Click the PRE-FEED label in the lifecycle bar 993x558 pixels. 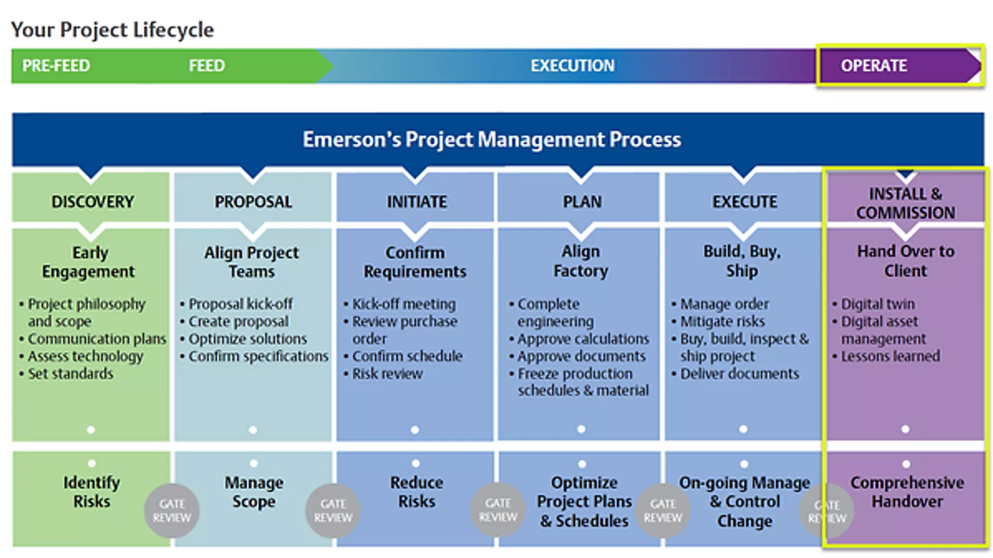click(56, 66)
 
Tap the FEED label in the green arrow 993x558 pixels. click(206, 66)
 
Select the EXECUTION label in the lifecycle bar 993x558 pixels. click(573, 66)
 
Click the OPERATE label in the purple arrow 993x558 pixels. click(874, 66)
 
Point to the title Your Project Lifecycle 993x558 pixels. click(112, 29)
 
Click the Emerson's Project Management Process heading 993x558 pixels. click(491, 139)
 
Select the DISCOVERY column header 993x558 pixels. click(93, 202)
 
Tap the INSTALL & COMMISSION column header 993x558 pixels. click(905, 203)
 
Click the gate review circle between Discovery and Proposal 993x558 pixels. click(172, 510)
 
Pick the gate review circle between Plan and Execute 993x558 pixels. click(663, 510)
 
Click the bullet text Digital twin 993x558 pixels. click(878, 304)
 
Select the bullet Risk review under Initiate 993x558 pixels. click(387, 374)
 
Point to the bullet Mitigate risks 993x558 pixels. click(722, 321)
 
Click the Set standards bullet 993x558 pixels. click(70, 374)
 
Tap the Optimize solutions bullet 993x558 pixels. click(247, 339)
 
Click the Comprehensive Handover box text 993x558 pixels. click(907, 492)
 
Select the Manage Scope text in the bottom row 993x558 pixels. click(253, 492)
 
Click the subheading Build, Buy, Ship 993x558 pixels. click(742, 261)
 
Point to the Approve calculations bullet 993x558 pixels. click(583, 339)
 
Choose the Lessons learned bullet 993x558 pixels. click(890, 356)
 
